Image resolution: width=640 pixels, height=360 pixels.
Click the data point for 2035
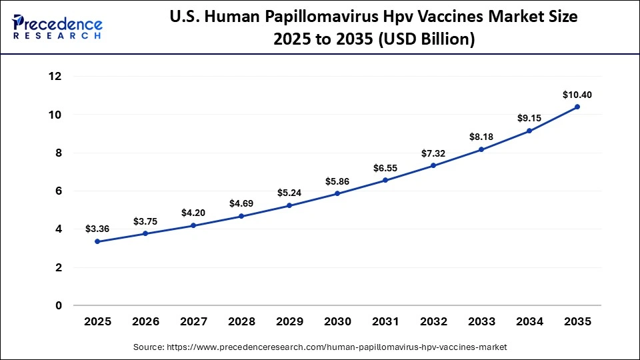(x=577, y=107)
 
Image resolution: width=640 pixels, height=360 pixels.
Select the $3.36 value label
(x=97, y=229)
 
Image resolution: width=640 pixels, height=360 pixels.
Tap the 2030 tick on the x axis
(x=337, y=321)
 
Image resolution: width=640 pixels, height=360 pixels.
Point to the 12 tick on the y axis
(x=55, y=77)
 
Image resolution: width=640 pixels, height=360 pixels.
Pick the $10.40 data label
(x=577, y=95)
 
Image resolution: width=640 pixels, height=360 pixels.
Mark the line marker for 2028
(x=241, y=216)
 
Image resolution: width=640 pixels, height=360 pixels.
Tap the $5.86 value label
(x=337, y=181)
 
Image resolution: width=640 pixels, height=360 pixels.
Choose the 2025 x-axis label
(x=97, y=321)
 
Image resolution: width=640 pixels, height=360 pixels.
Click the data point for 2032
(x=433, y=165)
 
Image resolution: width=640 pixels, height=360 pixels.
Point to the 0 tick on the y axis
(x=59, y=306)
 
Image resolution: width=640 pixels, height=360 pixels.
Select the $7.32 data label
(x=433, y=153)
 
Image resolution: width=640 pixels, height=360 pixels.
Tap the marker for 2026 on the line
(x=145, y=234)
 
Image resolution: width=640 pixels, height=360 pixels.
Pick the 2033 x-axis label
(x=481, y=321)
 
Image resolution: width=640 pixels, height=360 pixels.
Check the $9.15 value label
(x=529, y=118)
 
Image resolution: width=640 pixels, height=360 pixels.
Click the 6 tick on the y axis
(x=59, y=191)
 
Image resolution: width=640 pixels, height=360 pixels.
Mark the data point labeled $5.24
(x=289, y=205)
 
